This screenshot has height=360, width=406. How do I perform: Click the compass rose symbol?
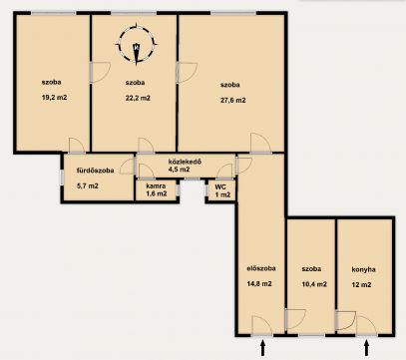pos(137,44)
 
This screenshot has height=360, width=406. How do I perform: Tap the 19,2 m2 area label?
pos(55,98)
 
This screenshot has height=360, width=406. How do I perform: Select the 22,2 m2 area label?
pos(138,98)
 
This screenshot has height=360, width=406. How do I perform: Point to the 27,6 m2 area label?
pos(233,100)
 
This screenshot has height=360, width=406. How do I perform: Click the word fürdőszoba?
pos(96,171)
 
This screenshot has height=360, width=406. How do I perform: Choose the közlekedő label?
pos(186,163)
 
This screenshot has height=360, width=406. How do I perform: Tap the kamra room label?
pos(156,186)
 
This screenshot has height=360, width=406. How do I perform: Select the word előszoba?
pos(261,268)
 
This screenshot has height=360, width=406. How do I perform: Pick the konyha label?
pos(363,269)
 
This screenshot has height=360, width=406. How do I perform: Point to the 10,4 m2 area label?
pos(314,284)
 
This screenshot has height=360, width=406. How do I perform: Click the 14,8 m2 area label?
pos(259,284)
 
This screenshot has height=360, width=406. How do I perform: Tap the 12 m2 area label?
pos(361,285)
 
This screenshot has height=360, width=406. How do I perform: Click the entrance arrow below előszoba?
pos(262,347)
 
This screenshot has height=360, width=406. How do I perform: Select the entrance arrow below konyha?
pos(367,347)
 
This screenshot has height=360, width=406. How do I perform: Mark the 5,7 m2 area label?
pos(88,185)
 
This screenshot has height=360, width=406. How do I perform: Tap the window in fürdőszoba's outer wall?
pos(62,177)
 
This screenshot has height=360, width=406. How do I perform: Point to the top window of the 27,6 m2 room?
pos(233,13)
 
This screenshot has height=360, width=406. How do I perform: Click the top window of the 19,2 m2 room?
pos(54,13)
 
